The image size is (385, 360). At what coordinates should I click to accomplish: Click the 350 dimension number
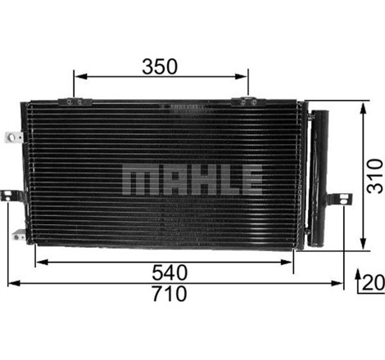tap(161, 66)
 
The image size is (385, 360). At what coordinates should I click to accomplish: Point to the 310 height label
tap(374, 175)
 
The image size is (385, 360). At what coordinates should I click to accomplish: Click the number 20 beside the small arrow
tap(373, 282)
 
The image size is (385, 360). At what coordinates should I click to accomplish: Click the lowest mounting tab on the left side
tap(19, 234)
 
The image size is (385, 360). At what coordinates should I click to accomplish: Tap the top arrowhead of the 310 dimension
tap(362, 108)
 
